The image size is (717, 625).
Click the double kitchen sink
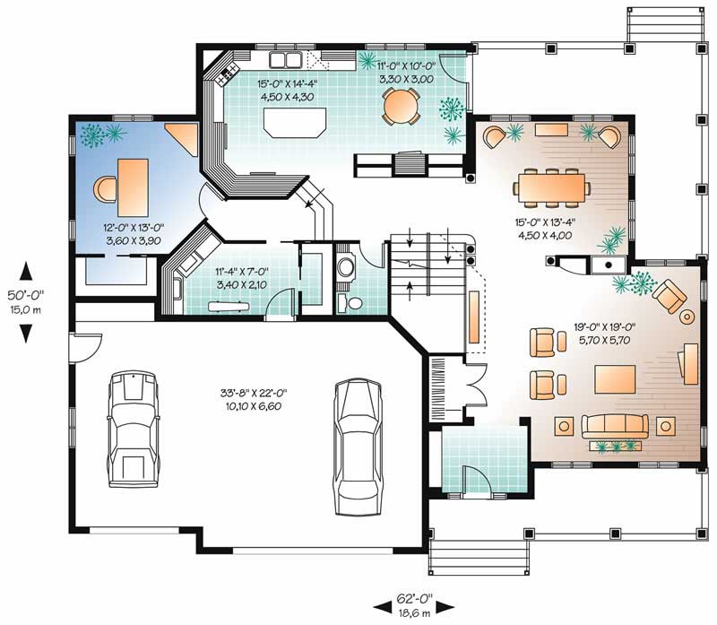(286, 60)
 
